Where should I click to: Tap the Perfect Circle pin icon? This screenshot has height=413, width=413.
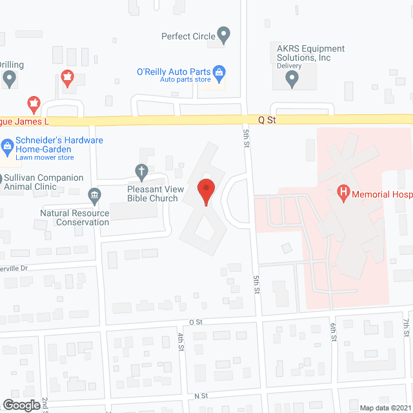coord(224,35)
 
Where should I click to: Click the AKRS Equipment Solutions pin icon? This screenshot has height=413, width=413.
coord(292,79)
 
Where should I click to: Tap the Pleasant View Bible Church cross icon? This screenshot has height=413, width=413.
coord(141,172)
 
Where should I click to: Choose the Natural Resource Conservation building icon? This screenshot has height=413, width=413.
coord(94,195)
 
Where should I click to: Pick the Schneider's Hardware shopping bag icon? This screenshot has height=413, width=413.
coord(8,145)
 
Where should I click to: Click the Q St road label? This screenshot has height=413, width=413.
coord(267,119)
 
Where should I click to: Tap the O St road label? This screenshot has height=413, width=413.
coord(196,321)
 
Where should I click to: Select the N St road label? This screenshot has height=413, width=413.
coord(199,395)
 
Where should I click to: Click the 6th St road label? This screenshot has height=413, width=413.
coord(334,332)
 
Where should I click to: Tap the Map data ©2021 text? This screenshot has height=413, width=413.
coord(385,407)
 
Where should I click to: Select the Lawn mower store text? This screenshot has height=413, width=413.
coord(45,157)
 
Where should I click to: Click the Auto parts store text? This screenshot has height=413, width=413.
coord(185,79)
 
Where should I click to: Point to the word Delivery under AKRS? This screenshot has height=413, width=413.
coord(290,66)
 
